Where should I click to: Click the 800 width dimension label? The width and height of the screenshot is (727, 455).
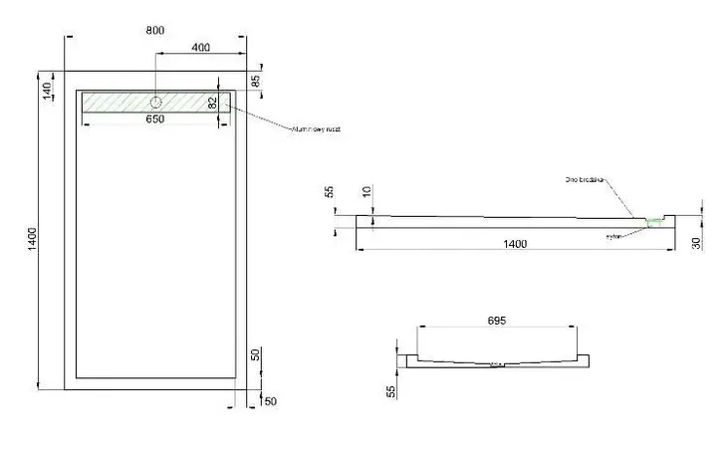coord(155,29)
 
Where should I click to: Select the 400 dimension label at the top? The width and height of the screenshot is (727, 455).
coord(200,48)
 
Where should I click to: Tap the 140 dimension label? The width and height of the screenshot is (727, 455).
coord(47,91)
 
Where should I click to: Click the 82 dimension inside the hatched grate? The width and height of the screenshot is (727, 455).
coord(213,102)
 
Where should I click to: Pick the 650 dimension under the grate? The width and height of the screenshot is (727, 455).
coord(155,118)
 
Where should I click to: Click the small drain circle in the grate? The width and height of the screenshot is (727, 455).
coord(156,103)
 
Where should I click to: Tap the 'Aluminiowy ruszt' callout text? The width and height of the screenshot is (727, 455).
coord(316,129)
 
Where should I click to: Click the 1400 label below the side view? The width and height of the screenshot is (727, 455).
coord(514,244)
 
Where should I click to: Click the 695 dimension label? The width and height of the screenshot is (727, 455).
coord(498,321)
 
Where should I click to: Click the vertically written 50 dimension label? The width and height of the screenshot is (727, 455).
coord(255,355)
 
